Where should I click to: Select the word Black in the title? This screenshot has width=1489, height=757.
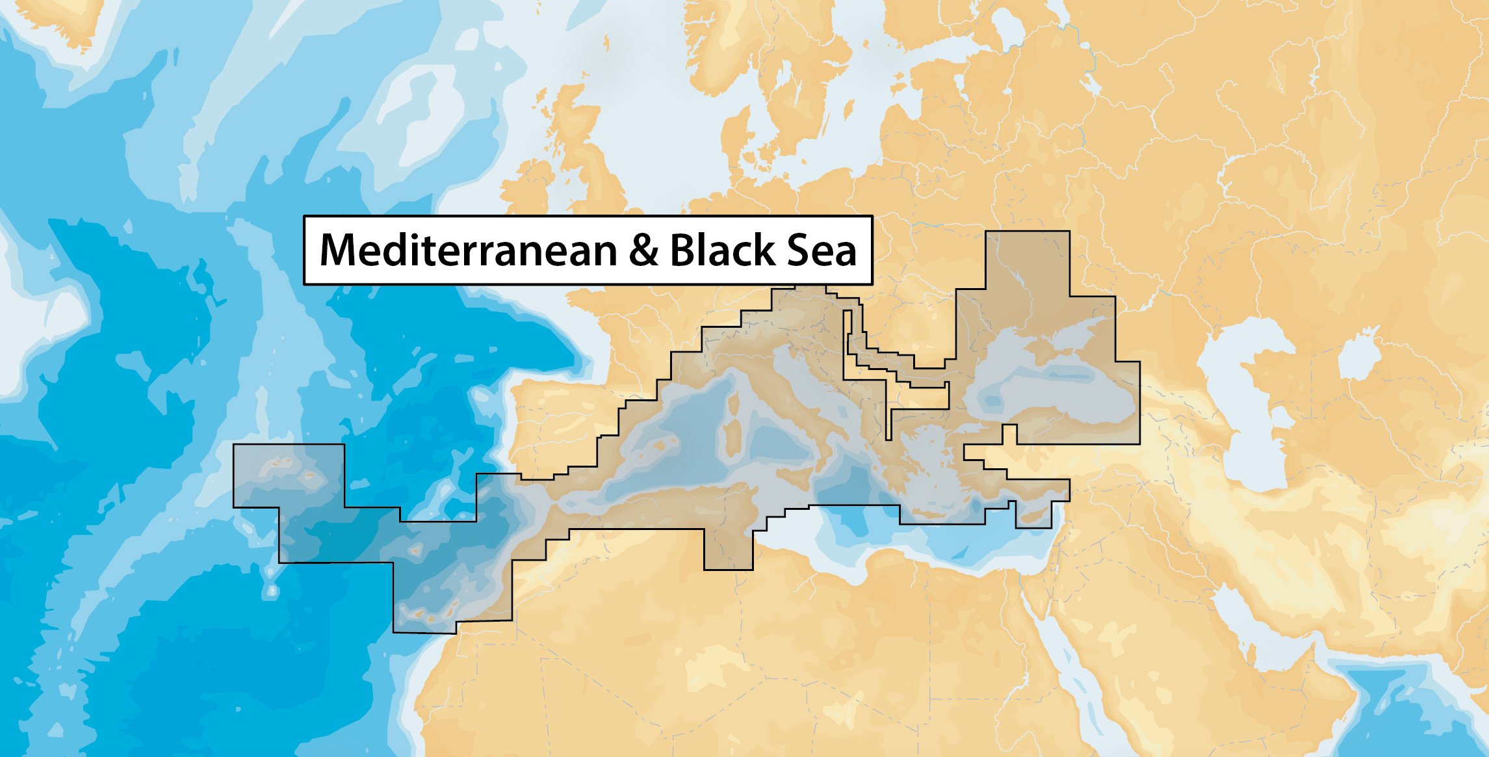pos(722,250)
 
